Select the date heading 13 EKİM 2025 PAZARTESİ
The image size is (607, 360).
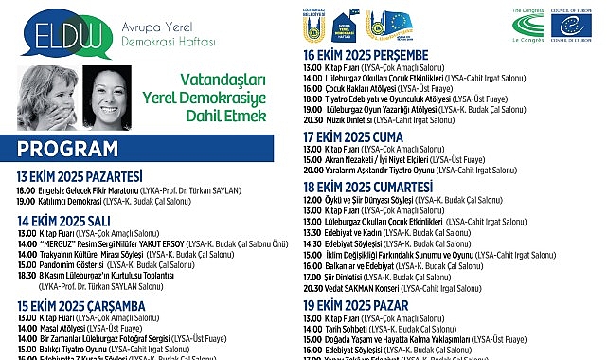(x=80, y=176)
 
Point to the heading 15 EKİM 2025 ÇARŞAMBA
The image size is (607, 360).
(x=79, y=305)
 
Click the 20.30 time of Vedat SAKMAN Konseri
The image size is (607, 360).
(x=312, y=288)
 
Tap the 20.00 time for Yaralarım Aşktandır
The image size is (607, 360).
(x=312, y=170)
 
